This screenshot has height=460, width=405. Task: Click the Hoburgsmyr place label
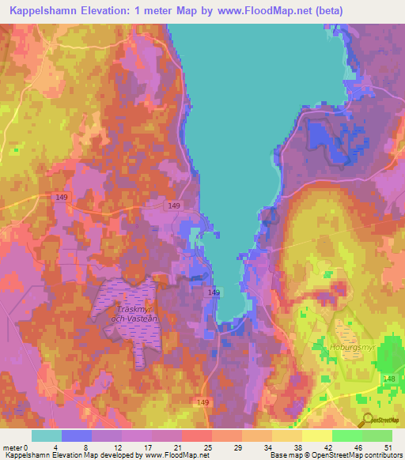351,347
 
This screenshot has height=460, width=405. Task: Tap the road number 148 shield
389,379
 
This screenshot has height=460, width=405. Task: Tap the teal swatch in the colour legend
47,435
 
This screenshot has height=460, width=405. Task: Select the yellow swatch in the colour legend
317,435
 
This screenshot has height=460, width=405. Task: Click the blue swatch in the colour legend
77,435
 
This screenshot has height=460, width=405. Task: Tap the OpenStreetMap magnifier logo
366,420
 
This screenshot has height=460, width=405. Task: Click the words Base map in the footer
286,455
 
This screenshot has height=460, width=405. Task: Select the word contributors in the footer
382,455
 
